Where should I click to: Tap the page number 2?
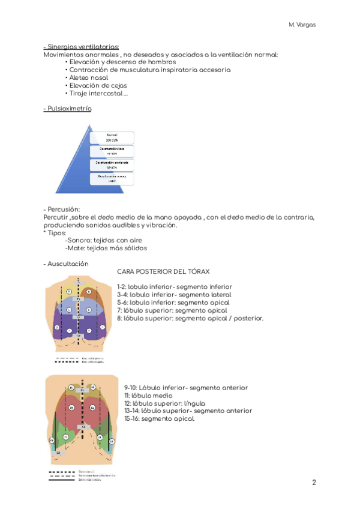click(x=314, y=483)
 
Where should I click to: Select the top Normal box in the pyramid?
click(x=112, y=137)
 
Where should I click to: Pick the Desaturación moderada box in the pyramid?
click(x=112, y=165)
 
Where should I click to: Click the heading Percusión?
click(x=63, y=208)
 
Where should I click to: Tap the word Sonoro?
click(x=78, y=240)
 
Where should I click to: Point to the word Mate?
click(x=76, y=248)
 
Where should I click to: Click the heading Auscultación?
click(x=67, y=264)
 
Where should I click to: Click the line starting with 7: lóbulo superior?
click(x=172, y=310)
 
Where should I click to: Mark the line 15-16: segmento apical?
click(x=160, y=419)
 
